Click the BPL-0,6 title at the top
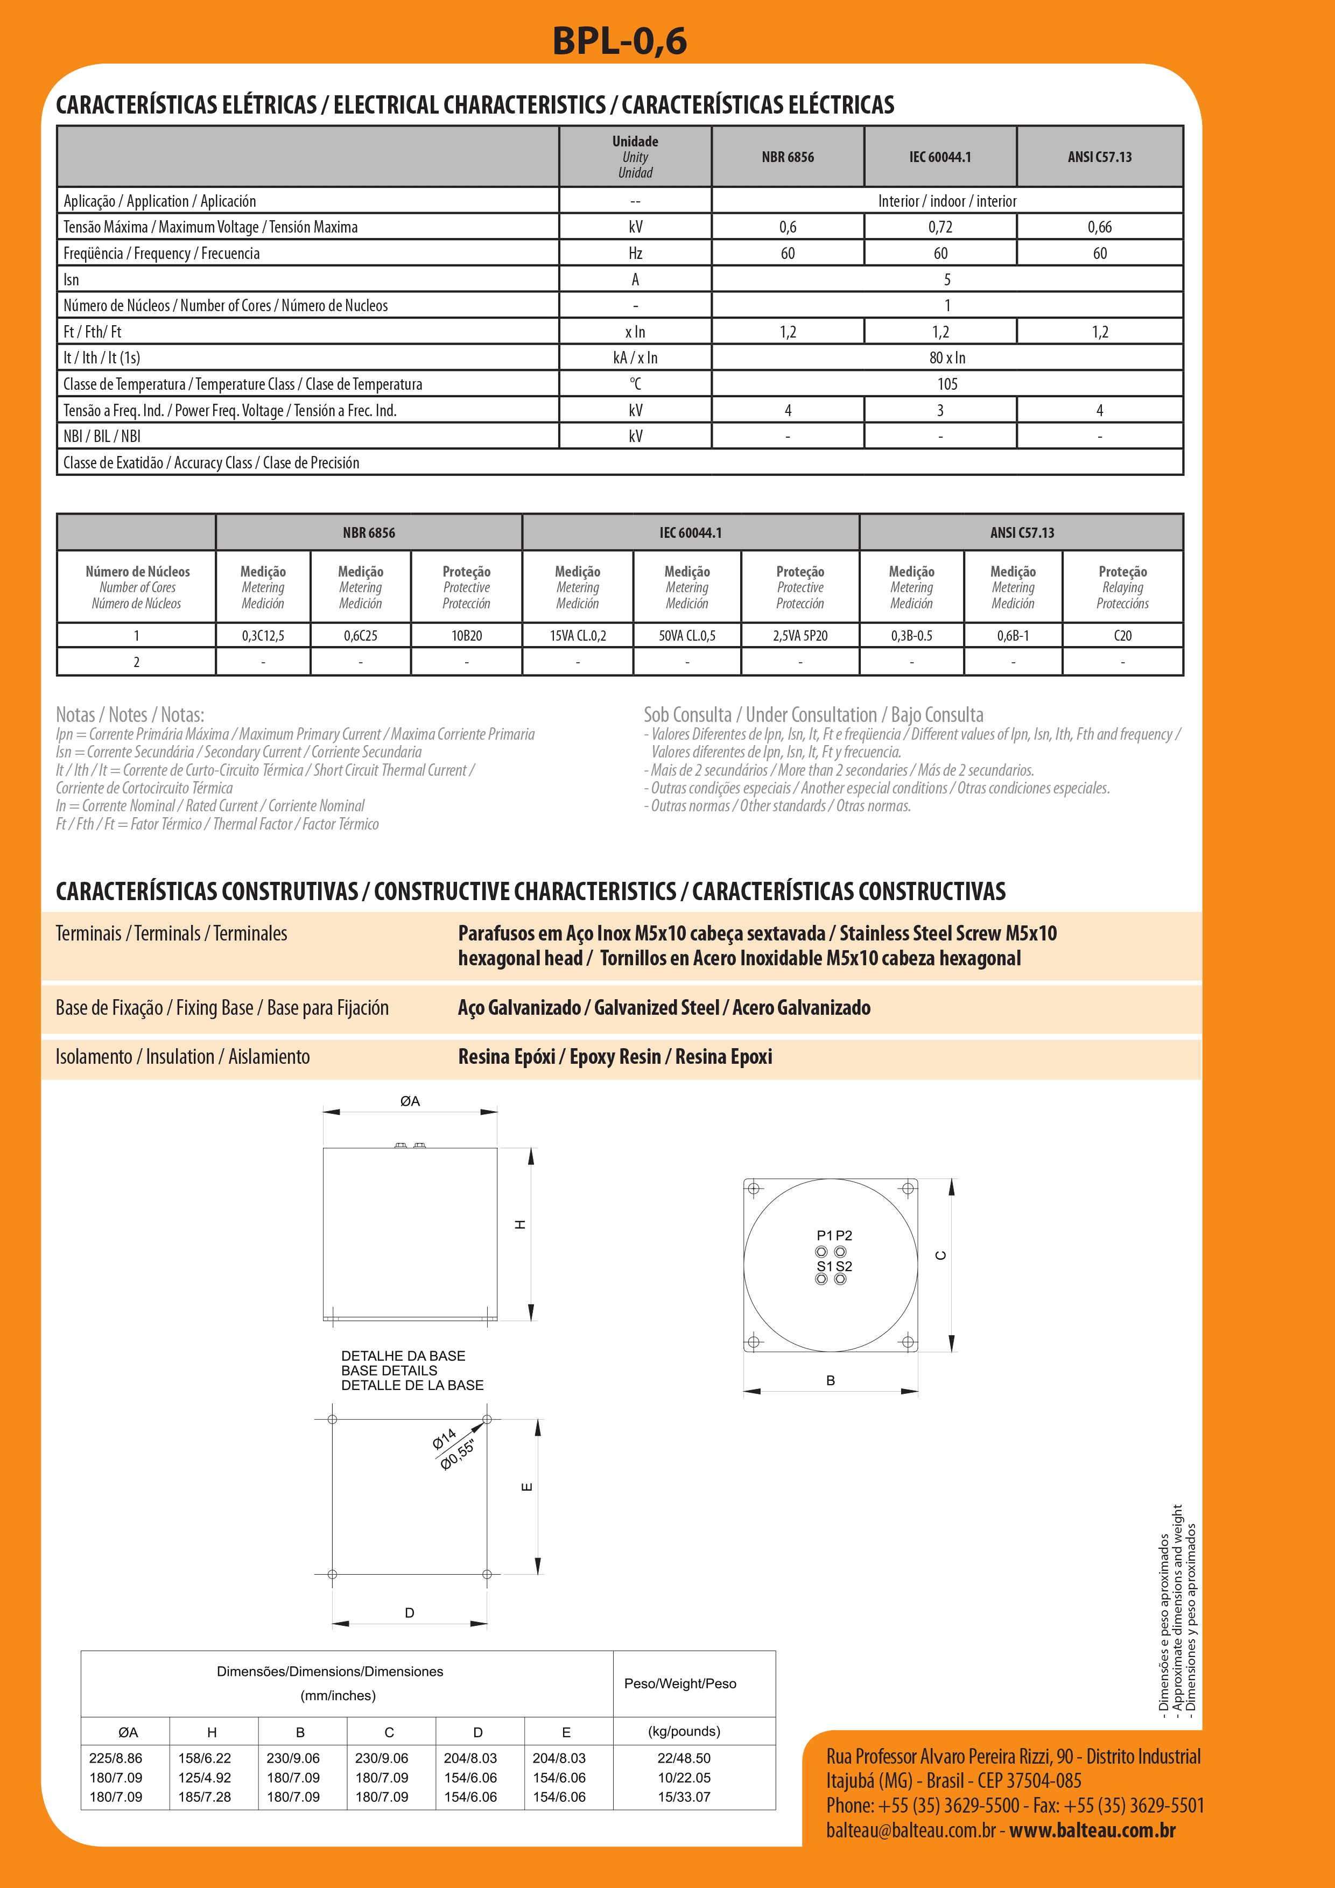pyautogui.click(x=619, y=41)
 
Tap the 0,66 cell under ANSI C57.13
pyautogui.click(x=1099, y=227)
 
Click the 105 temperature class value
pyautogui.click(x=947, y=384)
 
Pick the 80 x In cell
pyautogui.click(x=947, y=357)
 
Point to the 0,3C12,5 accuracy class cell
pyautogui.click(x=263, y=636)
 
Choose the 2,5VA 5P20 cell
pyautogui.click(x=800, y=636)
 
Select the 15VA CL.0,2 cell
pyautogui.click(x=578, y=636)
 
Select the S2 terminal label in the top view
pyautogui.click(x=844, y=1266)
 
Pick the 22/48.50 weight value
pyautogui.click(x=684, y=1758)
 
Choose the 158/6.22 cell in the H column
pyautogui.click(x=205, y=1758)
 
